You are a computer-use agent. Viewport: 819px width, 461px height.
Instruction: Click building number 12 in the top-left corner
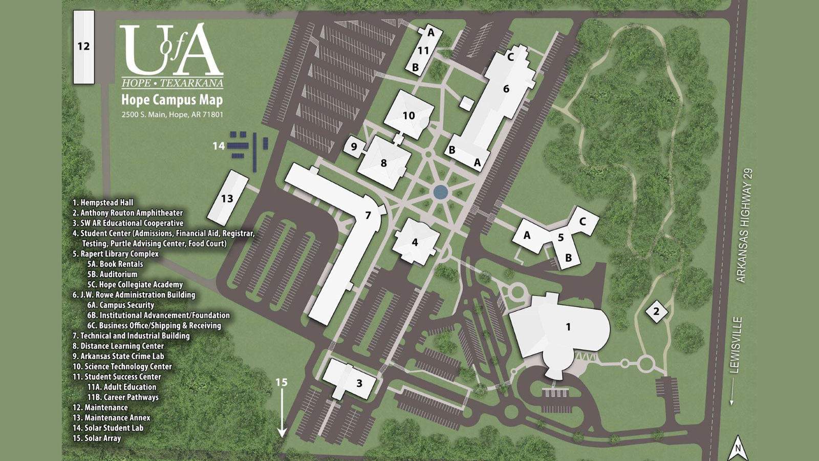(84, 47)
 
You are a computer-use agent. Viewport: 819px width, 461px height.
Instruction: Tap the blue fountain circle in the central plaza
(440, 192)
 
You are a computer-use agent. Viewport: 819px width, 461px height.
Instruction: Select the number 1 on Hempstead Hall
(568, 327)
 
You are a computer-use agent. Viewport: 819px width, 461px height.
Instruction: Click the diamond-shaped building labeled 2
(656, 311)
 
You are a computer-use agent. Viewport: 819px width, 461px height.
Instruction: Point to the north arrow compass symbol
(738, 449)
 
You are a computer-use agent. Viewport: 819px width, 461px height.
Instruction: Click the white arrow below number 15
(282, 415)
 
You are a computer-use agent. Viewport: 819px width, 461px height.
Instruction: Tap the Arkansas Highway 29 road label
(745, 225)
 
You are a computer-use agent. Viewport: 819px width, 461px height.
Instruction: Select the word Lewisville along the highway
(737, 345)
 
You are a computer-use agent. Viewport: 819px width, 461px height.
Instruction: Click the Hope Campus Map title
(172, 99)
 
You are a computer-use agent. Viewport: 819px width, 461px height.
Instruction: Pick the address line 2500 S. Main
(172, 115)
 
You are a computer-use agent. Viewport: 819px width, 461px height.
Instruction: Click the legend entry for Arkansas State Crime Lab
(118, 356)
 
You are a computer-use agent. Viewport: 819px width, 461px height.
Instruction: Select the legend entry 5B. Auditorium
(112, 274)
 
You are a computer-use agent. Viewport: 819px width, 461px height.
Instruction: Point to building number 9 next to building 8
(354, 147)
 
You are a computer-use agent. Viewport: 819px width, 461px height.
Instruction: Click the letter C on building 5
(583, 222)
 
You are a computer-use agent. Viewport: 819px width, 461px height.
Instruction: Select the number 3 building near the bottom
(359, 383)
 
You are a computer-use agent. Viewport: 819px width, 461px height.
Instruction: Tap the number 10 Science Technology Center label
(408, 116)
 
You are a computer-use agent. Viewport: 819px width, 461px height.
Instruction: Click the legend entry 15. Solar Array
(97, 438)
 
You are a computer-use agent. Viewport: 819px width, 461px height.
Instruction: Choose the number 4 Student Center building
(415, 242)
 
